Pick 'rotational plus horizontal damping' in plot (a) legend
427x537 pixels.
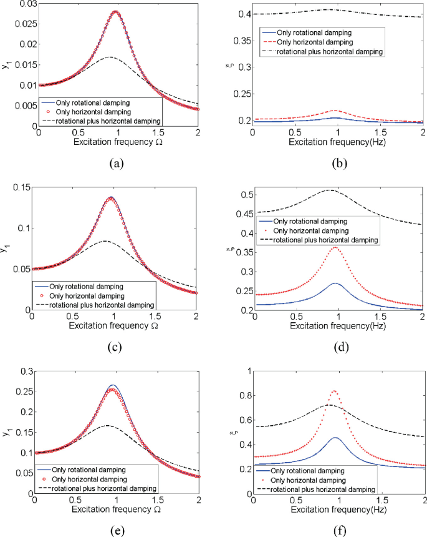click(x=103, y=119)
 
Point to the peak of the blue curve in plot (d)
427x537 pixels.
click(x=335, y=283)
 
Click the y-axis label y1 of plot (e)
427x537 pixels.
click(x=8, y=432)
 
